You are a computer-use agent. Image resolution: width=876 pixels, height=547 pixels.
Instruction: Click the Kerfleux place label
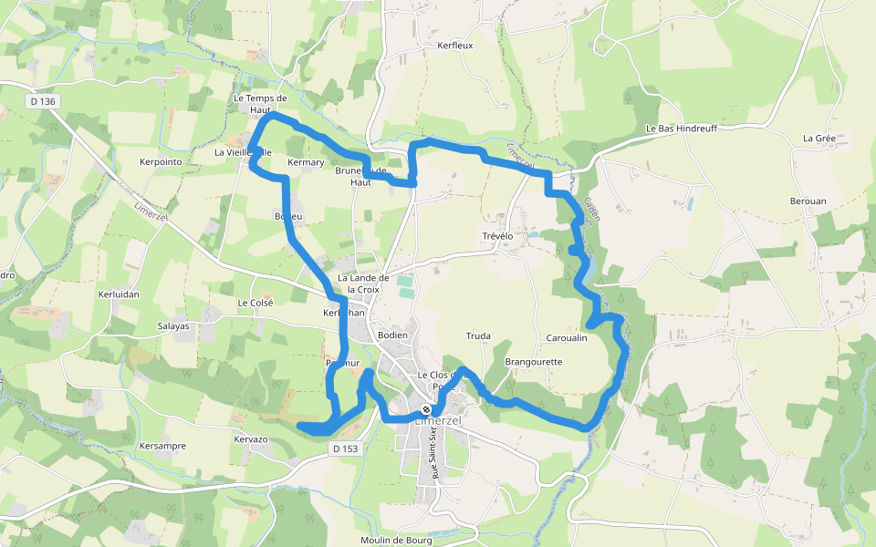point(455,45)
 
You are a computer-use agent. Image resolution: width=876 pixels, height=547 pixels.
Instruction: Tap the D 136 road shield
point(43,101)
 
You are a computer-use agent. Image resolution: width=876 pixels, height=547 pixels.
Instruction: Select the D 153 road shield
point(346,449)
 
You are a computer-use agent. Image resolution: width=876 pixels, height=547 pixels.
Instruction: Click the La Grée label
point(819,139)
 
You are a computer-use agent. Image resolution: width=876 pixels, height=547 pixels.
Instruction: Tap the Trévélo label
point(498,236)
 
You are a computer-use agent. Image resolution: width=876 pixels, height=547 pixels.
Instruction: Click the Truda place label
point(478,336)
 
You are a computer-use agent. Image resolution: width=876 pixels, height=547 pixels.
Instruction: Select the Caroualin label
point(566,337)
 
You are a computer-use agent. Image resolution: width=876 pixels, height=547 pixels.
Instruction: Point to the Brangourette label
point(534,362)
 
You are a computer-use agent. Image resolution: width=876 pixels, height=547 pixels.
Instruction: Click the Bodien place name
point(392,335)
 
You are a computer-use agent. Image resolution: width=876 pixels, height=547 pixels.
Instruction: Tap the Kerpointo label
point(162,161)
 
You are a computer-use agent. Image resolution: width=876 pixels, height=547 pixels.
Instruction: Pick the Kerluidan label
point(119,294)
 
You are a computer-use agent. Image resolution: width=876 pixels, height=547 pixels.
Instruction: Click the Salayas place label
point(173,325)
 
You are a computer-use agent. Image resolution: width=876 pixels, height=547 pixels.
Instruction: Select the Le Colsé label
point(255,303)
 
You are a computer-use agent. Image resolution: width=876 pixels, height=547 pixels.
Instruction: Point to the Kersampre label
point(163,446)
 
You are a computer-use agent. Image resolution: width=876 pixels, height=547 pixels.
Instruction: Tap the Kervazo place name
point(251,439)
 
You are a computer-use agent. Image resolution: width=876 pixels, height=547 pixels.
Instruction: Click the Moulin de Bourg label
point(395,540)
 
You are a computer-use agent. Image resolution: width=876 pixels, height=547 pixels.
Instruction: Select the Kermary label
point(306,162)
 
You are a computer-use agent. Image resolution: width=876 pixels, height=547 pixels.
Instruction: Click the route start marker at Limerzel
point(426,409)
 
